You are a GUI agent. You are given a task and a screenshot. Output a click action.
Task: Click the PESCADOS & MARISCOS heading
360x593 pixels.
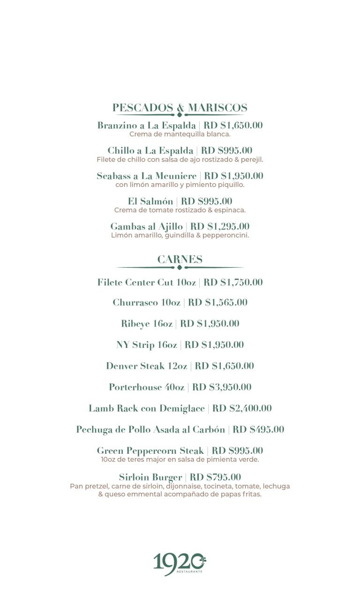[x=180, y=108]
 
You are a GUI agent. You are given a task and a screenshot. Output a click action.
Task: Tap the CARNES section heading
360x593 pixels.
[x=180, y=260]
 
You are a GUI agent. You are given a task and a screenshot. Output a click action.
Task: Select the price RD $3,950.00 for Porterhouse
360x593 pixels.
[x=222, y=387]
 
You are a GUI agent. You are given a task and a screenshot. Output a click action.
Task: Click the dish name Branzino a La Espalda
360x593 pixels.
[x=147, y=126]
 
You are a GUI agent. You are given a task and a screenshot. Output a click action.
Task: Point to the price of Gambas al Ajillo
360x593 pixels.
[x=220, y=227]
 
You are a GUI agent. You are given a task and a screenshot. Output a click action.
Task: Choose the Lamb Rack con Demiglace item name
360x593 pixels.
[x=147, y=409]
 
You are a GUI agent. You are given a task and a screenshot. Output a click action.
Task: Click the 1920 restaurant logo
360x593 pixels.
[x=180, y=563]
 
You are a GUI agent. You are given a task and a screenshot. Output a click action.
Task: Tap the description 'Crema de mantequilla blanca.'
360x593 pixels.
[x=180, y=134]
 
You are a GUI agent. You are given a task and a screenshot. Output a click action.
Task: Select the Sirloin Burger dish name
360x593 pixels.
[x=150, y=478]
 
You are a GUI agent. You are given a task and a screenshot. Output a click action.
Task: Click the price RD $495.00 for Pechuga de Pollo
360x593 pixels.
[x=258, y=430]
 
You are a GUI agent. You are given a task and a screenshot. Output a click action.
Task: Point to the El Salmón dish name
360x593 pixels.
[x=150, y=202]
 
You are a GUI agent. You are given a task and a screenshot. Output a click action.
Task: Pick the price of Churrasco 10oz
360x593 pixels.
[x=217, y=303]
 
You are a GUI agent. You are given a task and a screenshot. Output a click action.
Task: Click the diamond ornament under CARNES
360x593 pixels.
[x=180, y=268]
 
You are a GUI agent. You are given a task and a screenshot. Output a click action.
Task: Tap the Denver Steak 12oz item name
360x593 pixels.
[x=147, y=366]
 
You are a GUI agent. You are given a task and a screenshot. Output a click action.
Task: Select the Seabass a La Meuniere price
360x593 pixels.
[x=233, y=176]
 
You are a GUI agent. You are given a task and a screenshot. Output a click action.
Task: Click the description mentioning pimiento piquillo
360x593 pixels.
[x=180, y=185]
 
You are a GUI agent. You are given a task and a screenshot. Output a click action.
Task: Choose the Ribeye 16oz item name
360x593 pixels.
[x=147, y=324]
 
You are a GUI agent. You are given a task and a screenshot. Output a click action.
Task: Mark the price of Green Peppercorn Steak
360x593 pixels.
[x=237, y=451]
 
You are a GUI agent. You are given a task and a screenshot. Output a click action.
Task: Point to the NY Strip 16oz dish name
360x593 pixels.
[x=147, y=345]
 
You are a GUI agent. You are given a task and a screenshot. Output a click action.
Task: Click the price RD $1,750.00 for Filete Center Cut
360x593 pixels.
[x=233, y=283]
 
